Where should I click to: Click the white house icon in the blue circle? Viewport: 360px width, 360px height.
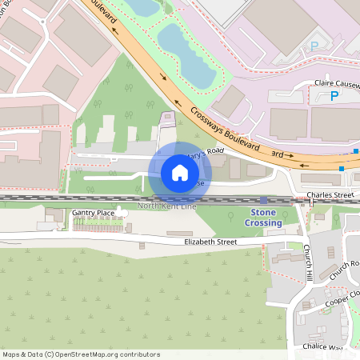point(180,172)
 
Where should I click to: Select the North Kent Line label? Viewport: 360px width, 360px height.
point(166,206)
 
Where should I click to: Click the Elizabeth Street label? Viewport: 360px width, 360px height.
point(211,241)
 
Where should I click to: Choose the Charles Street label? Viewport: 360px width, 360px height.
point(330,194)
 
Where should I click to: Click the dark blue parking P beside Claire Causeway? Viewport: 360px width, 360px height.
point(334,97)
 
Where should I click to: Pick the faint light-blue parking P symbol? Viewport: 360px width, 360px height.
point(314,46)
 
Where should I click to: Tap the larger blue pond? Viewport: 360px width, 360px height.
point(189,56)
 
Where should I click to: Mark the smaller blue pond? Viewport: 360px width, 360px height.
point(144,7)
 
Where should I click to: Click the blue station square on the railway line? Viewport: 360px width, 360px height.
point(264,200)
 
